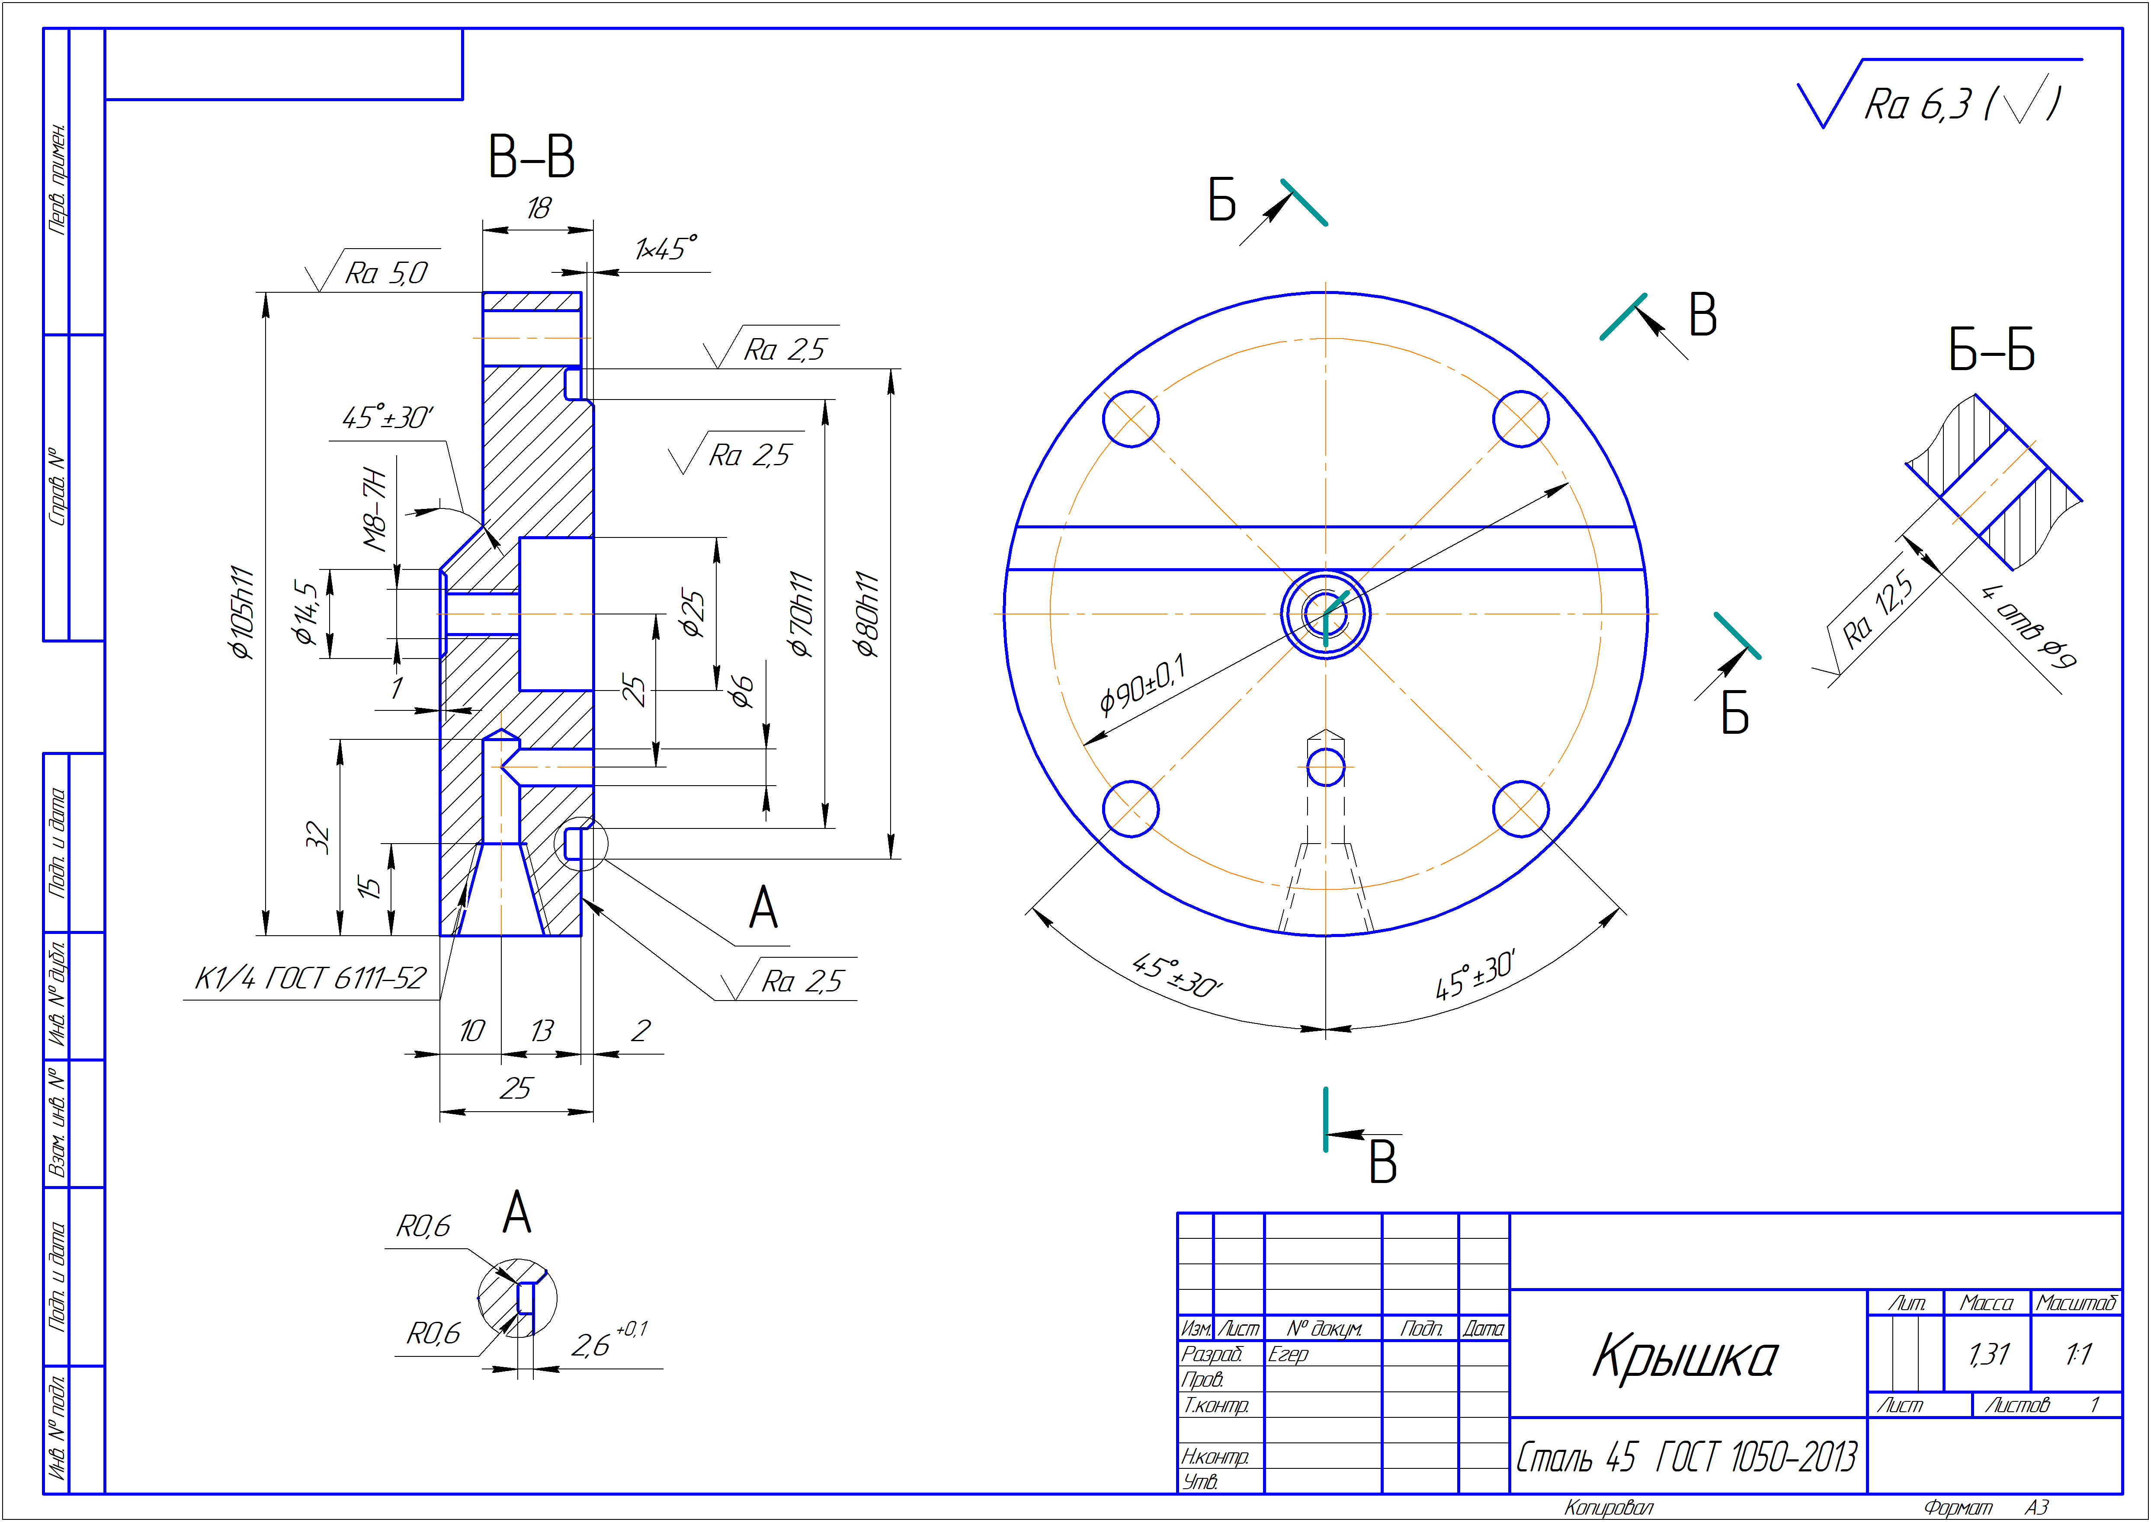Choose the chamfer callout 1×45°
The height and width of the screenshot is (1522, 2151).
(665, 248)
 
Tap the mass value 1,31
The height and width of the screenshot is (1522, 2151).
(1988, 1354)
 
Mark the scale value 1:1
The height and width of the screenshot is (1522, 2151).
(2078, 1354)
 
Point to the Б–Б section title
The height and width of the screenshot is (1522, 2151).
(1992, 351)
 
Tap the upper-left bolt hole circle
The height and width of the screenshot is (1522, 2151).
(1130, 419)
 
